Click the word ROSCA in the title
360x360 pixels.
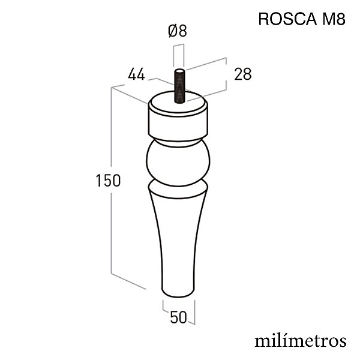287,19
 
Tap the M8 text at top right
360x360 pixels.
334,19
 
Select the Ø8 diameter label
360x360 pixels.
177,31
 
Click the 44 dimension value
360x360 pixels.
136,74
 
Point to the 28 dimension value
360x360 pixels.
242,74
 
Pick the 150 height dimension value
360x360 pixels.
108,180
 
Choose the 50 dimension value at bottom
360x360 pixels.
178,317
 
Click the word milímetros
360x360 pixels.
301,341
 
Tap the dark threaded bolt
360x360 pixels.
179,86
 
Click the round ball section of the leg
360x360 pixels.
178,163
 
